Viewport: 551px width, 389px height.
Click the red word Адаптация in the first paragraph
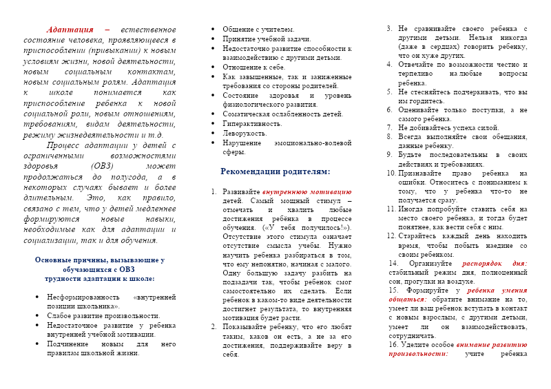pos(70,30)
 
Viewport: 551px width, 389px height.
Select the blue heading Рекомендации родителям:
pos(275,171)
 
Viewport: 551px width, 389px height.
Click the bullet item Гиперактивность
pos(252,123)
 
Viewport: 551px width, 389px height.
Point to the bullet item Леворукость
pos(245,133)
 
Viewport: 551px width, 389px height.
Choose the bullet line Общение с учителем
pos(258,30)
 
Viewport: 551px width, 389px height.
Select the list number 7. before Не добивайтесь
pos(390,127)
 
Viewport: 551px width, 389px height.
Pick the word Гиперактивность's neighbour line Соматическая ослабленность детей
pos(282,114)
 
